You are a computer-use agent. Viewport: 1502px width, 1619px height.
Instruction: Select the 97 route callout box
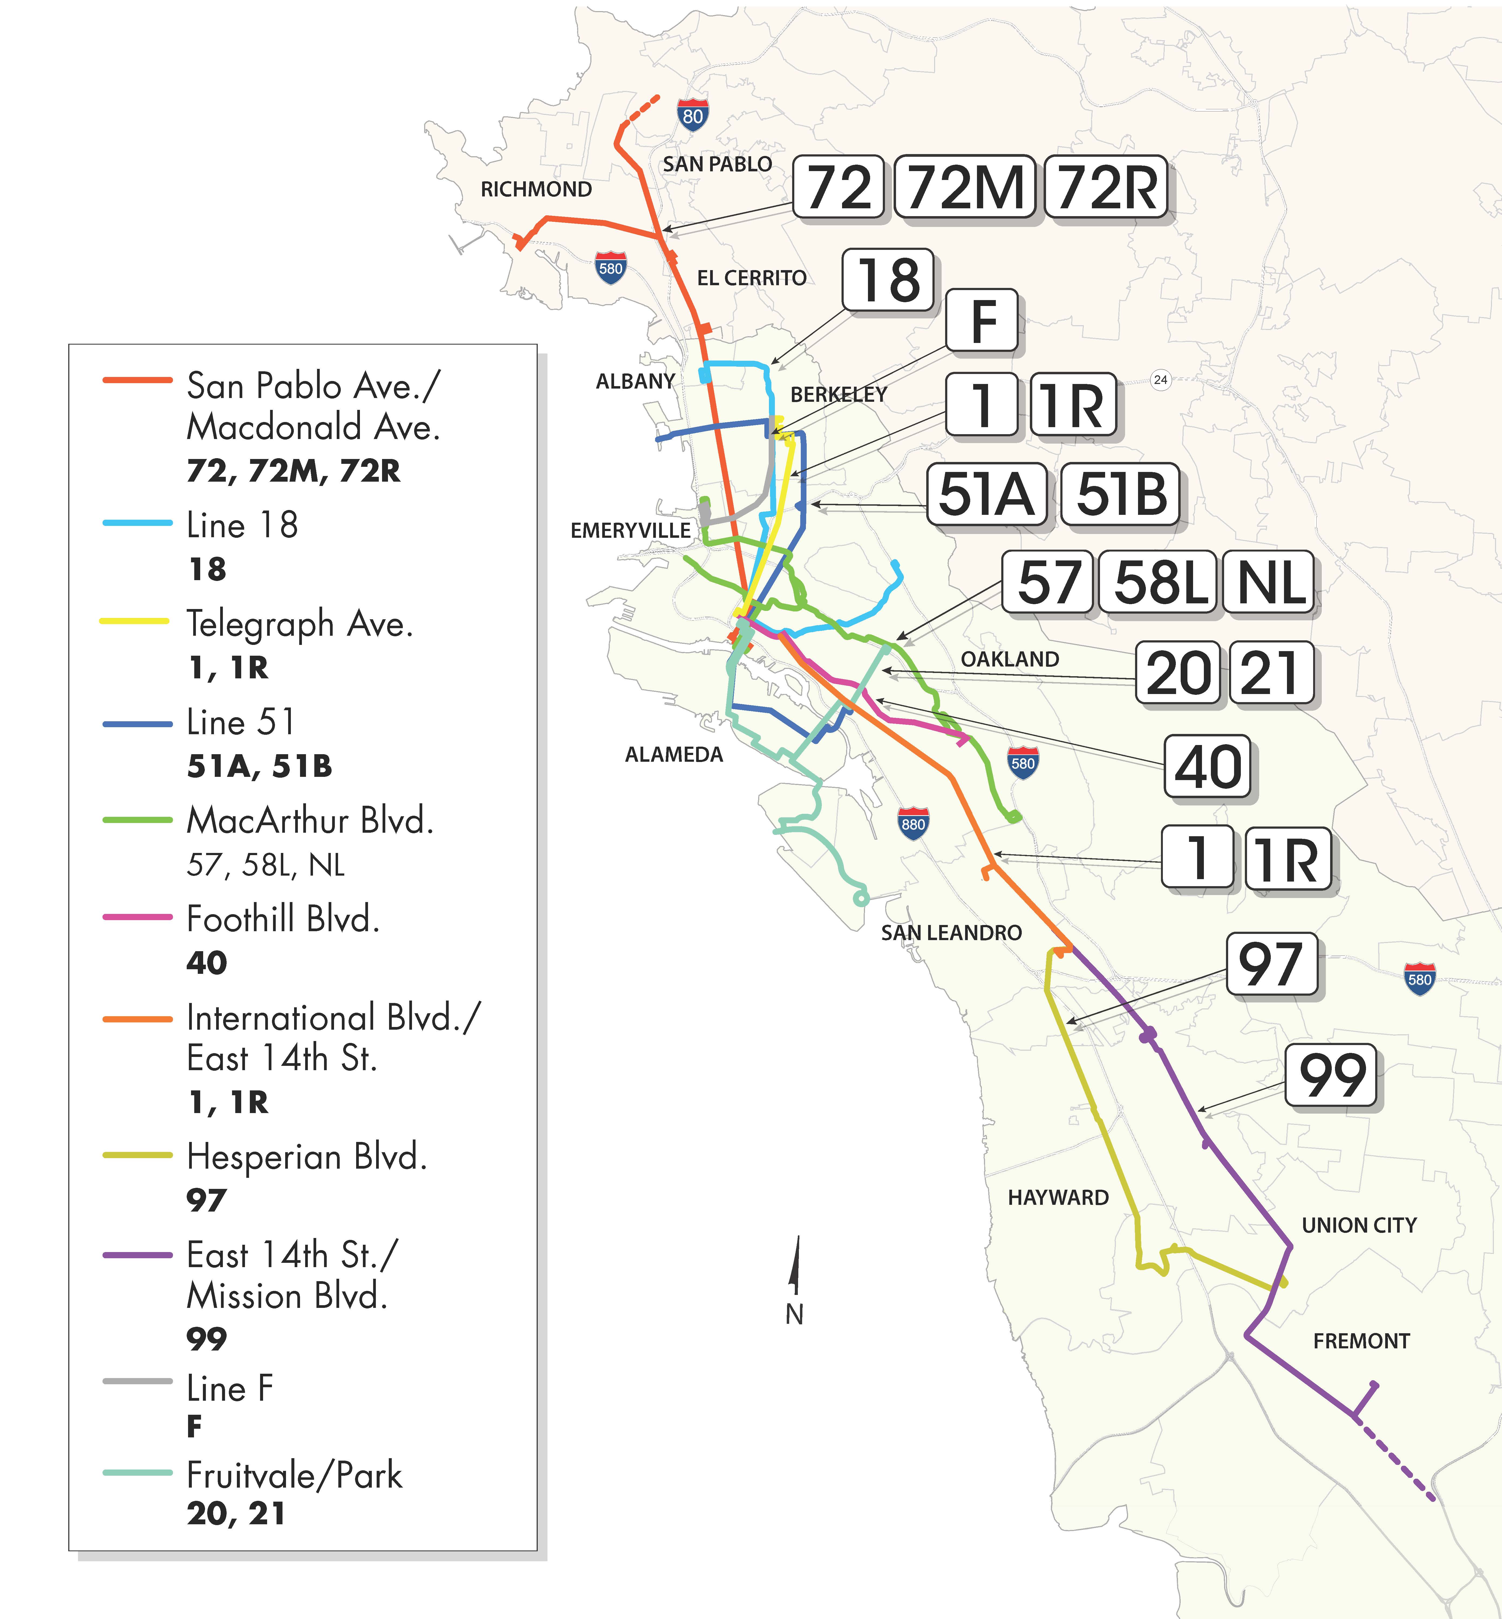pos(1271,964)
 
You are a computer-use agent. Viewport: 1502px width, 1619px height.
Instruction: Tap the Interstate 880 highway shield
pos(913,823)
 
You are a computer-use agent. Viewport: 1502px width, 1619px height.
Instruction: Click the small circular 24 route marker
pos(1161,380)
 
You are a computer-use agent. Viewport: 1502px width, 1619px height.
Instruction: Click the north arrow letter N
pos(794,1314)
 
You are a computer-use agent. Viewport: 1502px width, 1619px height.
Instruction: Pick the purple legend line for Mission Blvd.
pos(137,1255)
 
